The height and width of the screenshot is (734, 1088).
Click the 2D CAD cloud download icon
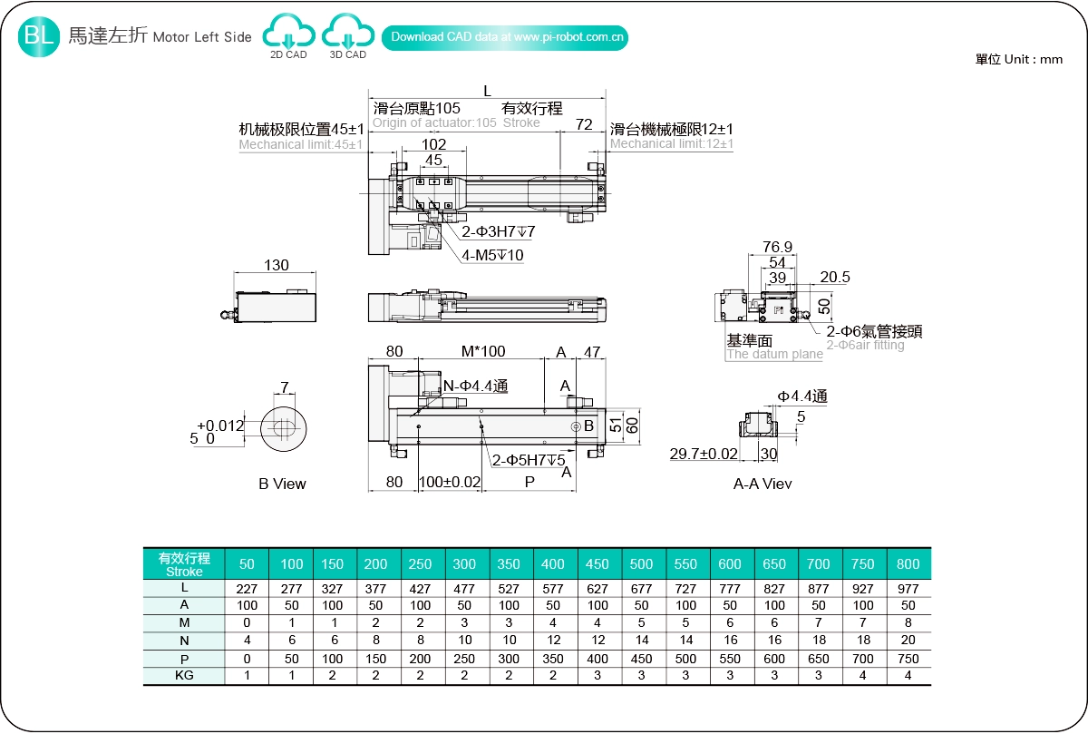tap(288, 34)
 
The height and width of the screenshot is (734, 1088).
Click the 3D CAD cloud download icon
tap(348, 34)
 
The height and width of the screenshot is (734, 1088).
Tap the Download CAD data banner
tap(507, 37)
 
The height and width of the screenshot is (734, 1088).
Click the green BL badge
tap(39, 36)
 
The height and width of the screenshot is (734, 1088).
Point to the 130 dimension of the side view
tap(277, 265)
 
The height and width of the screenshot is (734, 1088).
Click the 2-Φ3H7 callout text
tap(498, 232)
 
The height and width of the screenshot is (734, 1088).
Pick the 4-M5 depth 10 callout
tap(492, 255)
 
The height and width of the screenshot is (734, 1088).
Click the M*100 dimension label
tap(483, 352)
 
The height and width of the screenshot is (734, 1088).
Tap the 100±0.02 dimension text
tap(450, 483)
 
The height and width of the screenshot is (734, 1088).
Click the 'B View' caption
tap(282, 484)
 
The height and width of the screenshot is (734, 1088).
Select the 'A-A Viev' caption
tap(763, 484)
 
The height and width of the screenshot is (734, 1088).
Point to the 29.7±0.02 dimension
tap(704, 454)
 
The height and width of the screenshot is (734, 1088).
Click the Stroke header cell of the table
tap(184, 564)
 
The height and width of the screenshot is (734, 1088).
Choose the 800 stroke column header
tap(908, 564)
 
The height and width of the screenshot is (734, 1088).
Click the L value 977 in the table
tap(908, 589)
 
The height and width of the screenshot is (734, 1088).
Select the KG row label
tap(184, 675)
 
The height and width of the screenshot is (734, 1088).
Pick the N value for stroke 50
tap(247, 641)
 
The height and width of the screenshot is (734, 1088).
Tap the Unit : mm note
tap(1019, 59)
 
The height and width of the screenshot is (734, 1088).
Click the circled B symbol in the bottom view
tap(575, 426)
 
